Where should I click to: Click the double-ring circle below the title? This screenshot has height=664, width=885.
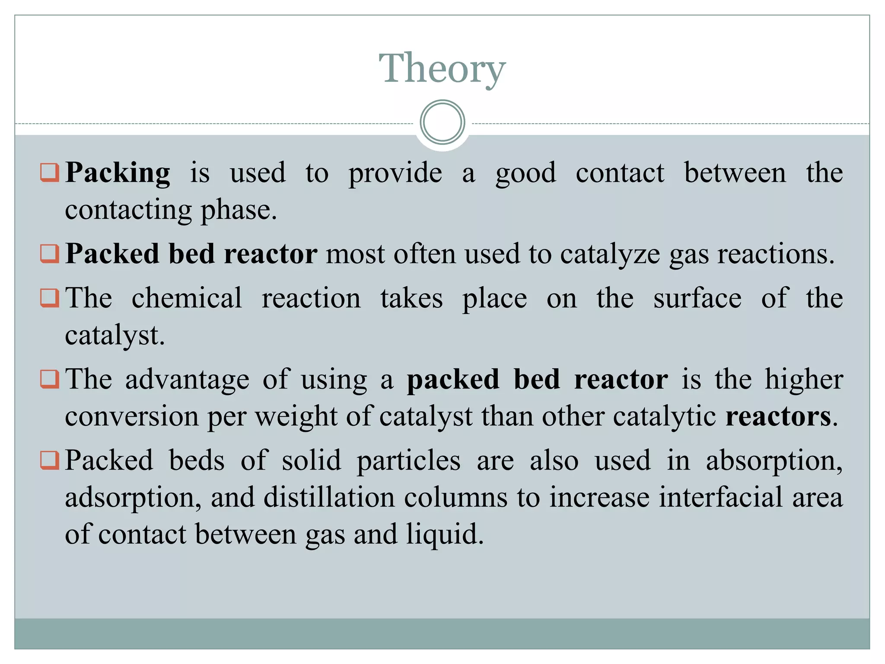(x=442, y=122)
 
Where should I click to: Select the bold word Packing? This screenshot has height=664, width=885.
(x=118, y=173)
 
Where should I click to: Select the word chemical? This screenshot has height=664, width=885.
(x=187, y=298)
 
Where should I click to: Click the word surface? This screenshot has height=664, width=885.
(x=697, y=298)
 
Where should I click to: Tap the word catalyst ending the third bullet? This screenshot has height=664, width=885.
(x=114, y=335)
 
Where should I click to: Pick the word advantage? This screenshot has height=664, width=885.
(x=187, y=380)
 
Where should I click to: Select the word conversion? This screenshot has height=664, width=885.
(x=131, y=417)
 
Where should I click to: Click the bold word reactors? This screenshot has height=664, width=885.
(x=778, y=417)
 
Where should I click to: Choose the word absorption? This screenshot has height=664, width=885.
(x=774, y=461)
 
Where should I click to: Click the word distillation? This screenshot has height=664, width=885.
(x=329, y=497)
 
